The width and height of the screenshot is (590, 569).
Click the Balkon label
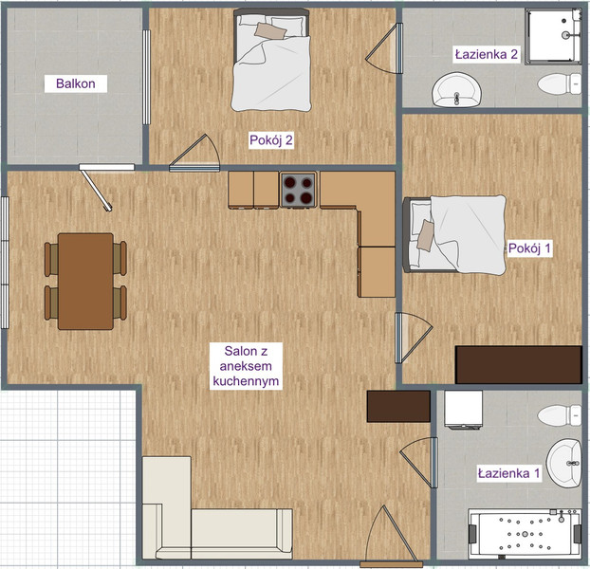tap(76, 83)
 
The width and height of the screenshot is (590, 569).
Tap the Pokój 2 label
tap(271, 140)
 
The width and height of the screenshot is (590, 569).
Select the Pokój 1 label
tap(529, 248)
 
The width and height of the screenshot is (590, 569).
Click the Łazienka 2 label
tap(487, 55)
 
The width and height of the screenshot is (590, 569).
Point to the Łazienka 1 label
tap(508, 473)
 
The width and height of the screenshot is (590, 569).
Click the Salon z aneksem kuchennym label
tap(246, 366)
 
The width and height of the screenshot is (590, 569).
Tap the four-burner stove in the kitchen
tap(298, 190)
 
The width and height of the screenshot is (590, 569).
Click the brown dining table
tap(85, 282)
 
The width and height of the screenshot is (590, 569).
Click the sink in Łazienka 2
tap(457, 90)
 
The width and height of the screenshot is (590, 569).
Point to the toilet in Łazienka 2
tap(560, 83)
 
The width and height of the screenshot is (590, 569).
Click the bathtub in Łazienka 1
tap(525, 533)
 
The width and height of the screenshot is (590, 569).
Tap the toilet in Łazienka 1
tap(560, 415)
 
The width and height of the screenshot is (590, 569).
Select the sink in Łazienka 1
tap(564, 464)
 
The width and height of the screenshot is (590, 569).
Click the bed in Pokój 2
tap(271, 60)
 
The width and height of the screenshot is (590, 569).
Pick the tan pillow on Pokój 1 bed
tap(426, 235)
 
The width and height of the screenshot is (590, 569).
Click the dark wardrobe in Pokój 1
tap(519, 365)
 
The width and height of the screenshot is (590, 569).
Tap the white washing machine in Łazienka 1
tap(463, 410)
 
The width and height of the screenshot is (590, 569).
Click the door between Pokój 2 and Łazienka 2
tap(384, 48)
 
